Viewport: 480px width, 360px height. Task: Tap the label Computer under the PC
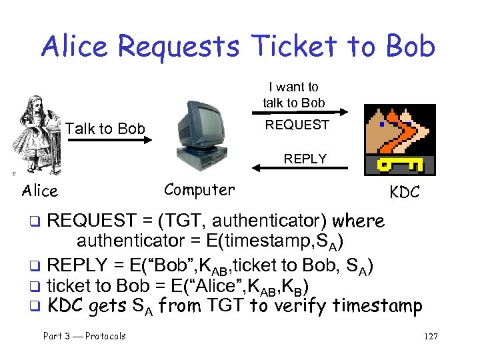(x=199, y=190)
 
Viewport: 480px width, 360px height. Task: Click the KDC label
(x=404, y=193)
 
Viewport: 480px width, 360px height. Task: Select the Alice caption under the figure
(x=40, y=191)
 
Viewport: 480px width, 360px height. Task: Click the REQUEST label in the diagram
(x=297, y=125)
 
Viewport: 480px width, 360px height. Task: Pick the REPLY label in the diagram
(x=305, y=159)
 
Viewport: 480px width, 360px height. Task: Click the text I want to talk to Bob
(x=293, y=95)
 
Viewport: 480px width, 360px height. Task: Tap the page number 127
(x=430, y=336)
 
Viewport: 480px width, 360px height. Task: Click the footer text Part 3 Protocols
(x=85, y=336)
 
